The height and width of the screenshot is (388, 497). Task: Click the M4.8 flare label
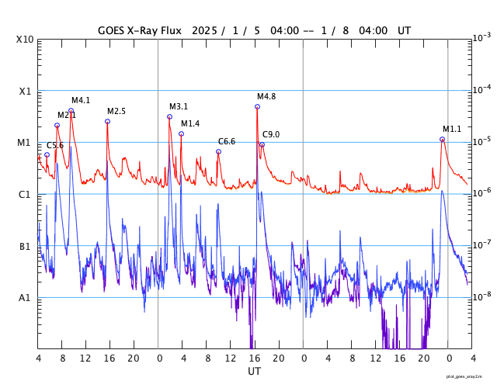coord(266,96)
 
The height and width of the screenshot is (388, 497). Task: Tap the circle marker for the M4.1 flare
coord(71,111)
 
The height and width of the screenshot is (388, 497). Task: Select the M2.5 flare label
coord(116,111)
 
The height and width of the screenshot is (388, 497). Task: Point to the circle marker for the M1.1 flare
coord(442,140)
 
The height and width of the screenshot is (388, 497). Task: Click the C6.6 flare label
coord(227,141)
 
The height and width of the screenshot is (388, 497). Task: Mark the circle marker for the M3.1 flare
coord(169,117)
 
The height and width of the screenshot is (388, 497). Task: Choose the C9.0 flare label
coord(271,134)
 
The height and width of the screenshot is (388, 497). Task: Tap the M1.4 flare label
coord(190,123)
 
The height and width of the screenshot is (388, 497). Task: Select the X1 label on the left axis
coord(26,91)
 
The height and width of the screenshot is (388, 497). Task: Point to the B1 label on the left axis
coord(26,246)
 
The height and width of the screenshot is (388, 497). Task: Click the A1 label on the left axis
coord(26,297)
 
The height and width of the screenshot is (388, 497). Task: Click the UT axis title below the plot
coord(254,372)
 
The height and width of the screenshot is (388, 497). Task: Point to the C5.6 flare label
coord(55,145)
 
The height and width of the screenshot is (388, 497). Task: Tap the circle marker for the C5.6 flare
coord(47,154)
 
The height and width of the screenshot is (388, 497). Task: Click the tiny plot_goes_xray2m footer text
coord(469,376)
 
